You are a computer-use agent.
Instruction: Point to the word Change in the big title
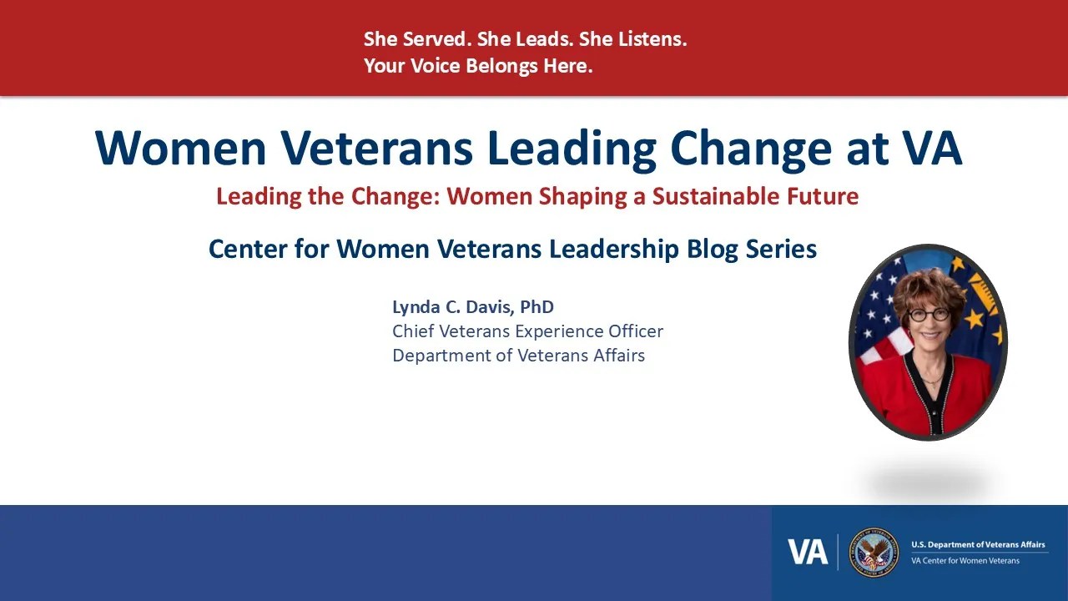coord(751,149)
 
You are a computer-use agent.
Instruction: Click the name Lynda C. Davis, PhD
coord(473,307)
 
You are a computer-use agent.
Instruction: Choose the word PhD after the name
coord(537,306)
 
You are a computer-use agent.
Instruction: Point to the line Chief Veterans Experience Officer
coord(528,331)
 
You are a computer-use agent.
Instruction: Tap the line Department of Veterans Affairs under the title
coord(518,356)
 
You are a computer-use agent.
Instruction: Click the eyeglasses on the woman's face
coord(928,315)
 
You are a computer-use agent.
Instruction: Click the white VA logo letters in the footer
coord(808,553)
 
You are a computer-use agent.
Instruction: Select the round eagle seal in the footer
coord(874,553)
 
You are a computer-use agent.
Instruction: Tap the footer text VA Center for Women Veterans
coord(965,561)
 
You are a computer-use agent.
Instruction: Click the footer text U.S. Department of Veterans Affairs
coord(979,545)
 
